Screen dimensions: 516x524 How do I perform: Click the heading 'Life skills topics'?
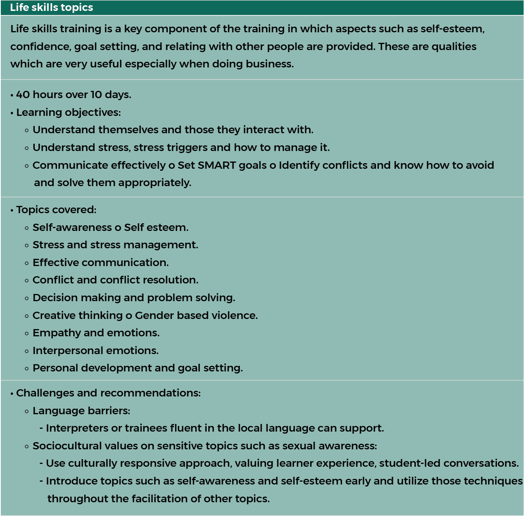tap(51, 8)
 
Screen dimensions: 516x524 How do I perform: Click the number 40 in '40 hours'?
tap(23, 95)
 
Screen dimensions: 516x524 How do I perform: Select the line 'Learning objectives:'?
tap(68, 113)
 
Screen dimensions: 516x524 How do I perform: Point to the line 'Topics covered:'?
tap(56, 210)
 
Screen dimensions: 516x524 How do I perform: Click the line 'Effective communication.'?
tap(101, 263)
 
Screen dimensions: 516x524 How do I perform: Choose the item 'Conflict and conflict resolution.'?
tap(116, 280)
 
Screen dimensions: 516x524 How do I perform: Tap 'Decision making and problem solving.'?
tap(134, 298)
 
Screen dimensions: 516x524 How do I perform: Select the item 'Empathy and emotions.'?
tap(96, 333)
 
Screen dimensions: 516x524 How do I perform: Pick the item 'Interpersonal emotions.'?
tap(95, 351)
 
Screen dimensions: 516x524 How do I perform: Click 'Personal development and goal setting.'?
tap(138, 368)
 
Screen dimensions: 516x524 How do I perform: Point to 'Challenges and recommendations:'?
tap(108, 393)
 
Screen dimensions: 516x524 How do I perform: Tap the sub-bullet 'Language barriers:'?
tap(81, 411)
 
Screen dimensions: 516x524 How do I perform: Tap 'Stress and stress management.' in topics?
tap(115, 245)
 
